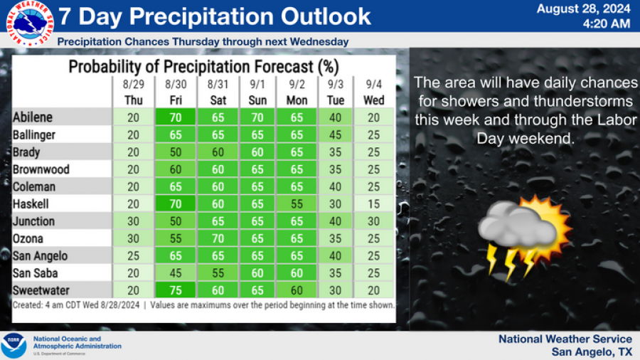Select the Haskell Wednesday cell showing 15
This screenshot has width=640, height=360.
tap(373, 203)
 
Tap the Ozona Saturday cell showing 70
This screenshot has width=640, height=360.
tap(218, 238)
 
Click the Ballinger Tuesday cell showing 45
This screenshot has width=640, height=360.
tap(336, 134)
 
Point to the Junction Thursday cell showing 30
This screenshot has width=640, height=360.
tap(132, 221)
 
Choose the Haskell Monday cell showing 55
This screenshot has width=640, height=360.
tap(297, 203)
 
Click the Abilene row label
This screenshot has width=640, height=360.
tap(33, 117)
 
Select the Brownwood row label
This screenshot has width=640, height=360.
tap(40, 169)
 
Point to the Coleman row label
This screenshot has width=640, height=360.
tap(34, 186)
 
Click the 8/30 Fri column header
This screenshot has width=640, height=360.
tap(175, 92)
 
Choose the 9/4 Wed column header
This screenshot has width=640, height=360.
tap(373, 92)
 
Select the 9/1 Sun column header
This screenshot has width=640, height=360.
tap(257, 92)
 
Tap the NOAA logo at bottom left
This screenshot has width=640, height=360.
tap(14, 346)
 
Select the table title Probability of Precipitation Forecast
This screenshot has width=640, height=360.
tap(203, 67)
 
